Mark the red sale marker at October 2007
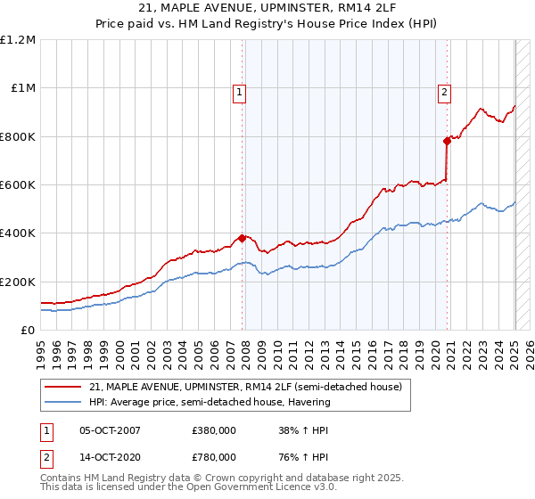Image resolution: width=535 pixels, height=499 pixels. pos(242,238)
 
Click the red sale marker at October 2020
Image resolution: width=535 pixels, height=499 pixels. pos(447,141)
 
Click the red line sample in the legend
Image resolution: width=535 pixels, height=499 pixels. pos(63,388)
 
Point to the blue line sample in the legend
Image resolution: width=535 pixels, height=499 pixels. pos(63,403)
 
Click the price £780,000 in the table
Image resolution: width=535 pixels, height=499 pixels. pos(213,457)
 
